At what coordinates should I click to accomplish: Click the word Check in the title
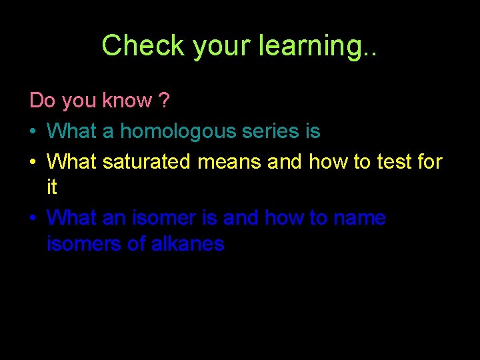coord(142,45)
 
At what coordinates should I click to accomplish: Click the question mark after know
coord(164,101)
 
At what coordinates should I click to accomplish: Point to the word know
coord(127,101)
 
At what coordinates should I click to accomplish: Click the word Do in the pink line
coord(42,101)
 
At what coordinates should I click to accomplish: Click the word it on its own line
coord(52,188)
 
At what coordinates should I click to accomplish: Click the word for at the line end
coord(427,161)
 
